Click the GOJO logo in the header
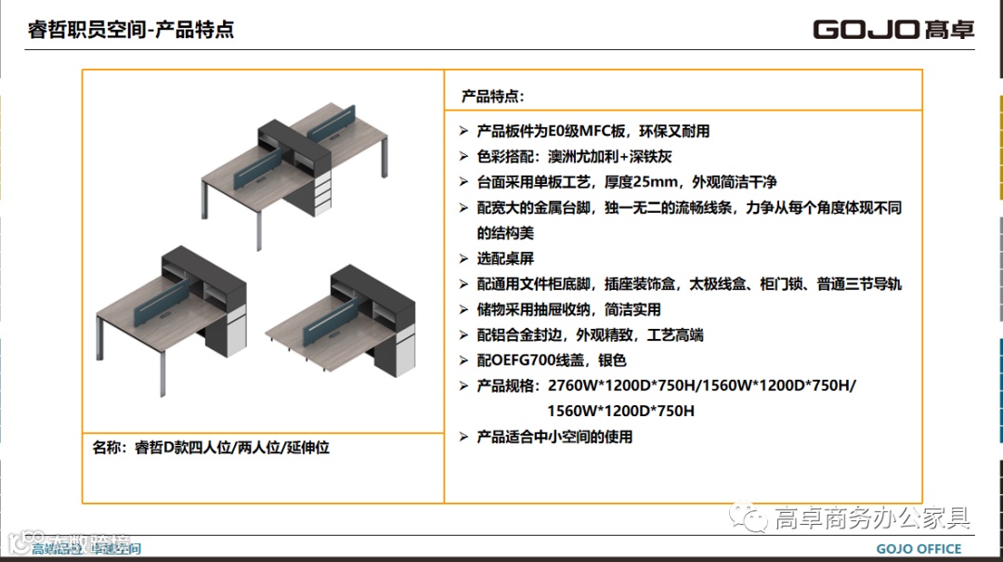point(893,29)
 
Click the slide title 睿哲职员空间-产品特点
point(131,30)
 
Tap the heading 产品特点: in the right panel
point(493,96)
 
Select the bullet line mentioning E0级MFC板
point(593,131)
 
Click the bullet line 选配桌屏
point(505,258)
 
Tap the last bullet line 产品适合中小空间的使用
point(554,436)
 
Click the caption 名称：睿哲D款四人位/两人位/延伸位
point(212,448)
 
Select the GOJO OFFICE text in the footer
point(918,549)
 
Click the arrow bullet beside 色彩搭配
point(463,157)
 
